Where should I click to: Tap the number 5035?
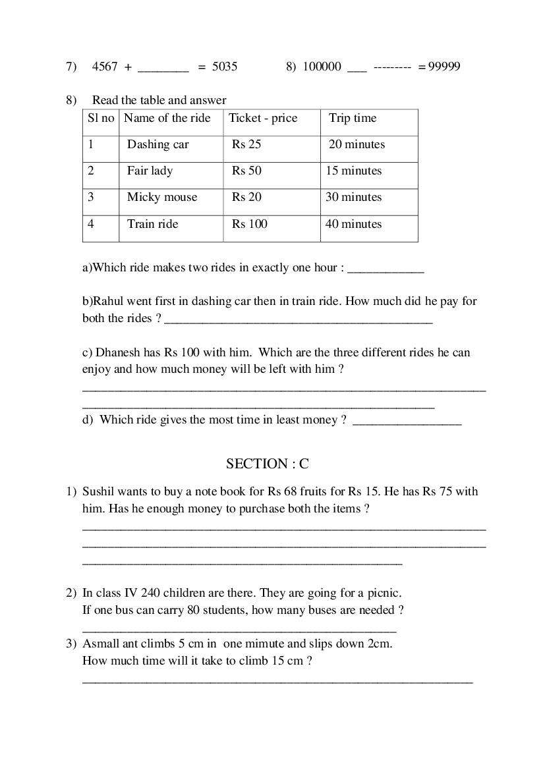tap(224, 67)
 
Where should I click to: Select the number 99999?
tap(444, 67)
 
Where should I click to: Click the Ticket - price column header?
tap(263, 119)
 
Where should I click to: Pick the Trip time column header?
tap(353, 119)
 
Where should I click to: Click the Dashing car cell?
tap(158, 145)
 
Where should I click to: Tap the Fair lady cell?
tap(150, 171)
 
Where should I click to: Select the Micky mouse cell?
tap(161, 198)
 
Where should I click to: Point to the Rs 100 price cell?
tap(249, 224)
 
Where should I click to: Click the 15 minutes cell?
tap(353, 171)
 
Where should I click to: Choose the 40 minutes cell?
tap(353, 224)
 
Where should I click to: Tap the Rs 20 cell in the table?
tap(246, 198)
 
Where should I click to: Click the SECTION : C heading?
tap(267, 464)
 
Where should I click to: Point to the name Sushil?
tap(98, 491)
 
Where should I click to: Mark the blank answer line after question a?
tap(386, 270)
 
